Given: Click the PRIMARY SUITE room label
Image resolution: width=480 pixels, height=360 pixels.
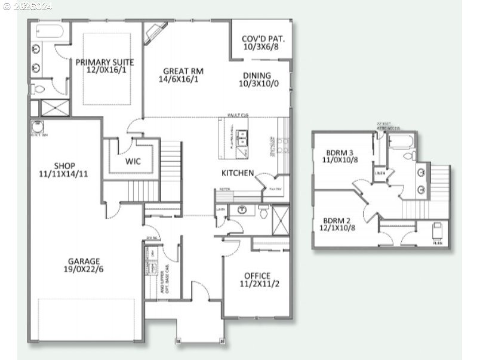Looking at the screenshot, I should [x=104, y=62].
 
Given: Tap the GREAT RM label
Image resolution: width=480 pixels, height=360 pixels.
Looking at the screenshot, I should [x=180, y=71].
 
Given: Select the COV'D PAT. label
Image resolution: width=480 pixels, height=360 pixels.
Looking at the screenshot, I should [x=263, y=39].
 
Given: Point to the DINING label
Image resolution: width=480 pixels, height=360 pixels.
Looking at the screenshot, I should [x=257, y=76].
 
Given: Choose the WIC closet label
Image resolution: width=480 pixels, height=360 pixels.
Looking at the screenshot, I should [x=133, y=161].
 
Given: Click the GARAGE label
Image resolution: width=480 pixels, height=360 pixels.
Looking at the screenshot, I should [x=84, y=261].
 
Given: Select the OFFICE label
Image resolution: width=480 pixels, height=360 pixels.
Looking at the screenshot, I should [x=257, y=276].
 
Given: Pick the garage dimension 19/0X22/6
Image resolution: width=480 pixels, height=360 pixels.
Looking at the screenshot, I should [x=84, y=269].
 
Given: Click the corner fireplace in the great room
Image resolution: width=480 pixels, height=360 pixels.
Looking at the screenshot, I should [x=156, y=31].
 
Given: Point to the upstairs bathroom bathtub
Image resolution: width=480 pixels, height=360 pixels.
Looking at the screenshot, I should [x=402, y=141].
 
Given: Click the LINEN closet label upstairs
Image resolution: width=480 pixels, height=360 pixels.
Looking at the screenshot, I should [x=380, y=174].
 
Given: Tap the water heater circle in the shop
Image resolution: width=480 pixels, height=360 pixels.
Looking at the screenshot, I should [x=36, y=127].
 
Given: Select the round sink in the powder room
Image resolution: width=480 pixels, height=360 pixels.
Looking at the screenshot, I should [x=243, y=210].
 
